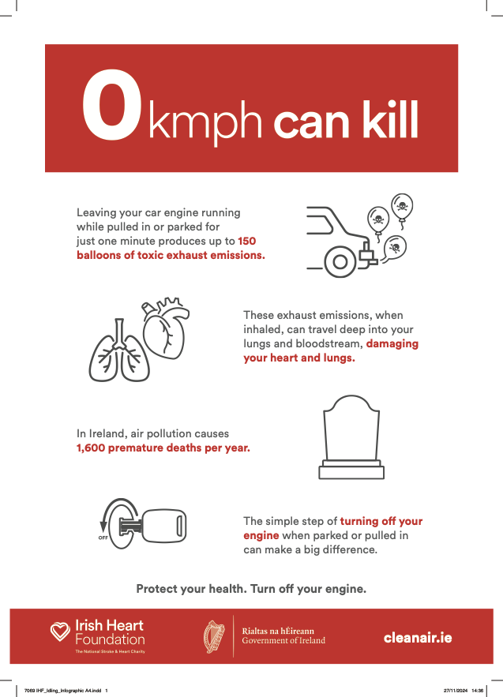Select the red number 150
(247, 241)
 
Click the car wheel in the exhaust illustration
(340, 262)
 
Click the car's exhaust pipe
(367, 255)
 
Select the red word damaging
(392, 343)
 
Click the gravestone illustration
(351, 437)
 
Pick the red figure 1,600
(91, 448)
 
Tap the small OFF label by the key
(103, 538)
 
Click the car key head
(164, 526)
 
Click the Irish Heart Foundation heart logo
(60, 631)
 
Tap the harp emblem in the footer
(214, 636)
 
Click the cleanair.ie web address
(418, 638)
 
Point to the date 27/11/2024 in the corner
(456, 691)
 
